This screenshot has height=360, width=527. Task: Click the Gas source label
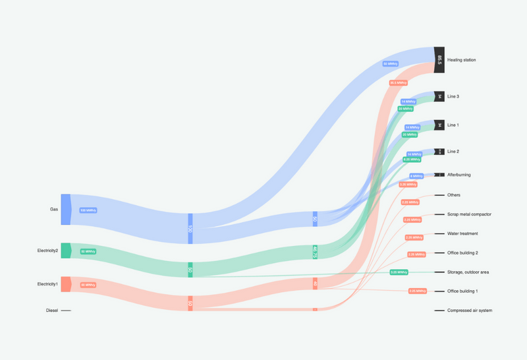[x=54, y=210]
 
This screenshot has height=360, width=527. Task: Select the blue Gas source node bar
[x=65, y=210]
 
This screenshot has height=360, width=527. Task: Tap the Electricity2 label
[x=47, y=251]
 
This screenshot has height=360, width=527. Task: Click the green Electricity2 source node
[x=65, y=251]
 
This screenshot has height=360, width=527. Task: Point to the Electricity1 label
[x=47, y=284]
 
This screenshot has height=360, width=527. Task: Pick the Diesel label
[x=52, y=310]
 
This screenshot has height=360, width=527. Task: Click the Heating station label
[x=461, y=60]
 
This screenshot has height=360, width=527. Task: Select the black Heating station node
[x=439, y=59]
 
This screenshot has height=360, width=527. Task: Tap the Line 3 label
[x=453, y=96]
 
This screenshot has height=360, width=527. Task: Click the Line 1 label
[x=453, y=125]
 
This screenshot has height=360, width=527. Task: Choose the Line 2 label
[x=453, y=152]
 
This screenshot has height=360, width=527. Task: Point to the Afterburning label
[x=459, y=175]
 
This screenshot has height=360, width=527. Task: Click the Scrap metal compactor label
[x=469, y=214]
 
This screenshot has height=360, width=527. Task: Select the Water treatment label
[x=462, y=233]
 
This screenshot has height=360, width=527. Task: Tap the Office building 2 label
[x=462, y=253]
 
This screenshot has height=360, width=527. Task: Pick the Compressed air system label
[x=470, y=310]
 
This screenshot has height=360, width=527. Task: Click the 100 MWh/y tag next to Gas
[x=88, y=210]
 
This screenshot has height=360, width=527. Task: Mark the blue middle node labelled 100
[x=190, y=228]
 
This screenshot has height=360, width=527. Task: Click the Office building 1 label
[x=462, y=291]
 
